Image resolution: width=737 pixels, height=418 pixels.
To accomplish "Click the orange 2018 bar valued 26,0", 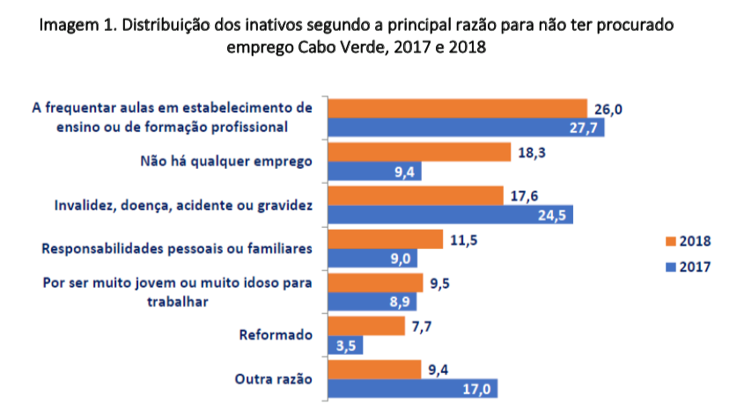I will [x=457, y=108].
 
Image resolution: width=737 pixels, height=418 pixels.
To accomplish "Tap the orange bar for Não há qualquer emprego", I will [x=419, y=152].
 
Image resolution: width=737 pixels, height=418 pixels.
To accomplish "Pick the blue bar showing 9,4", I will [x=374, y=172].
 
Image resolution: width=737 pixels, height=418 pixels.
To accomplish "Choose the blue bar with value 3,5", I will [x=345, y=346].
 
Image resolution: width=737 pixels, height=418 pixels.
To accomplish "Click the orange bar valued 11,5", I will [x=385, y=239].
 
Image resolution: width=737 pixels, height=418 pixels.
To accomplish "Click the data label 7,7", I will [x=424, y=326].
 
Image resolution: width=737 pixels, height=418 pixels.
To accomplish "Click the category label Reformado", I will [x=276, y=335].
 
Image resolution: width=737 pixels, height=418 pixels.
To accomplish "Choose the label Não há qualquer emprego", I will [x=226, y=161].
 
